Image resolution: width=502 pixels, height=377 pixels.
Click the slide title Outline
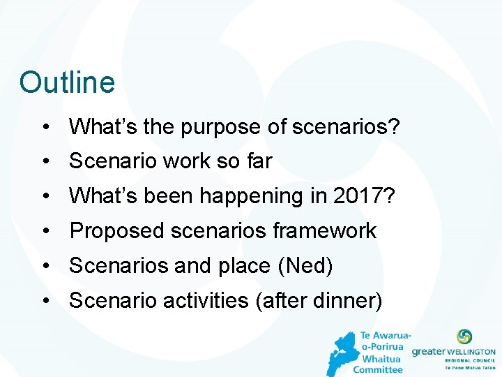(67, 82)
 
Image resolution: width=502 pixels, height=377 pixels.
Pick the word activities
(206, 301)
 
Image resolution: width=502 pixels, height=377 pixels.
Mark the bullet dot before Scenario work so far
(45, 162)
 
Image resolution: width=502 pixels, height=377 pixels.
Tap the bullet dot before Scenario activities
(45, 302)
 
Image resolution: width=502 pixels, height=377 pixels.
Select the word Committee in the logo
(378, 369)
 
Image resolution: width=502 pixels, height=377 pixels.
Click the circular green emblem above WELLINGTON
(464, 337)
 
